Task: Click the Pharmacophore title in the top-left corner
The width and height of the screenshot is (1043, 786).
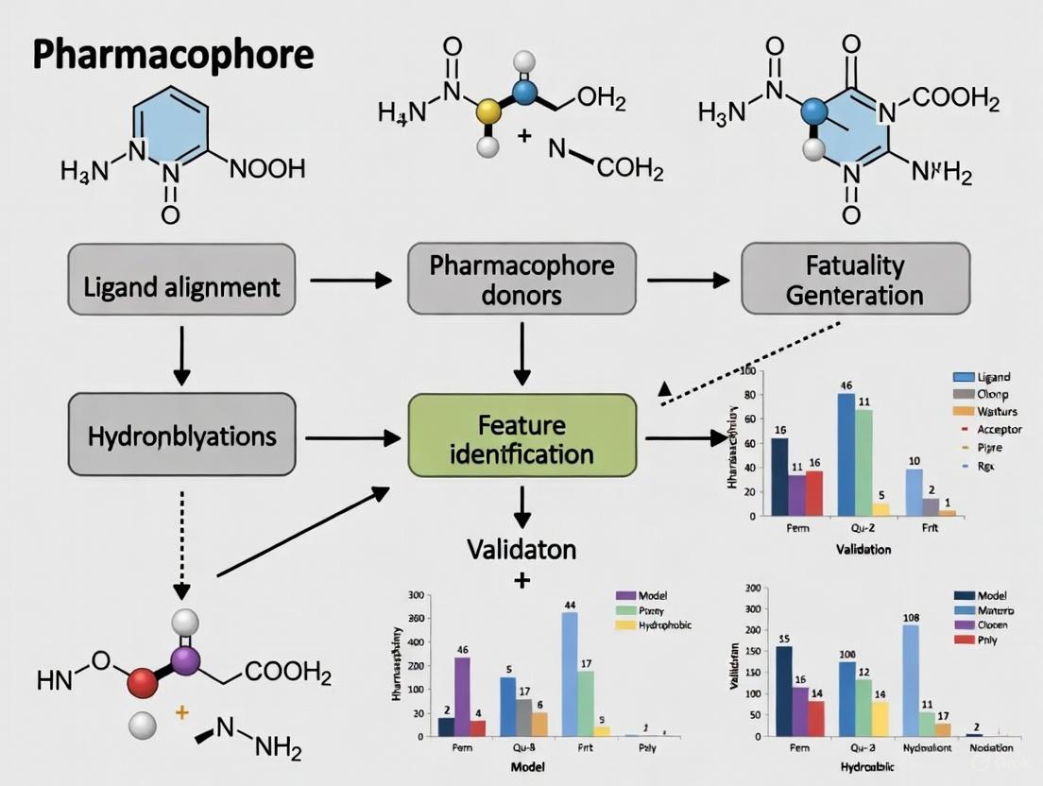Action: pyautogui.click(x=172, y=55)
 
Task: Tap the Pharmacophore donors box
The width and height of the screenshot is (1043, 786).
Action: pyautogui.click(x=521, y=279)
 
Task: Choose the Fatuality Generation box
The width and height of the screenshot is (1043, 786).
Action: pyautogui.click(x=855, y=279)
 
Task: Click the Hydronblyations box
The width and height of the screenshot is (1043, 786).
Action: pyautogui.click(x=181, y=436)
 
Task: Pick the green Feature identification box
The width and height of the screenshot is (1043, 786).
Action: pyautogui.click(x=521, y=436)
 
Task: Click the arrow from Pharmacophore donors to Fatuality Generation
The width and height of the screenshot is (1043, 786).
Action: pyautogui.click(x=688, y=280)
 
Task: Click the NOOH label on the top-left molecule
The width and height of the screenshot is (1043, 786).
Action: pyautogui.click(x=267, y=170)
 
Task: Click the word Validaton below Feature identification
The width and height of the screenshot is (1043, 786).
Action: pyautogui.click(x=521, y=549)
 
